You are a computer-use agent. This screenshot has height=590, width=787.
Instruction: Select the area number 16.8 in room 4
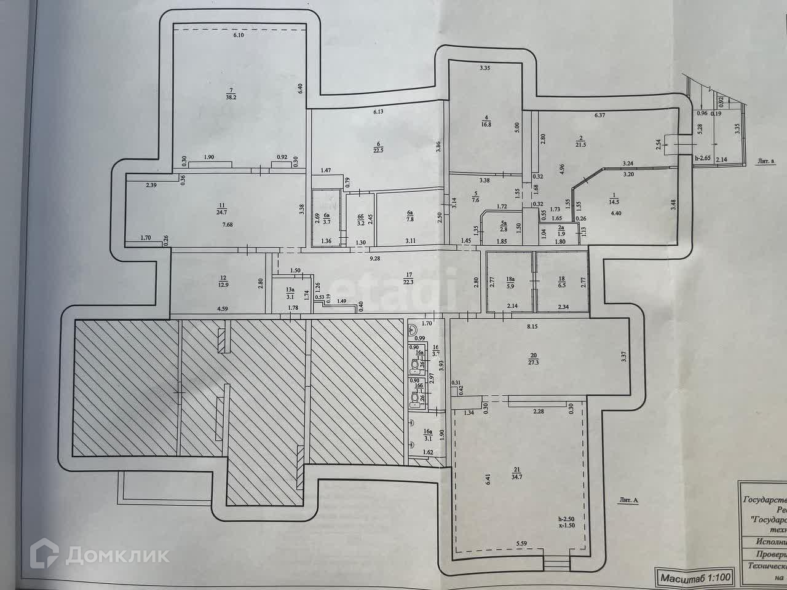click(486, 123)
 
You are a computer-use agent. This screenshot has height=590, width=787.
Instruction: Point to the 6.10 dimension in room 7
click(239, 35)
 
